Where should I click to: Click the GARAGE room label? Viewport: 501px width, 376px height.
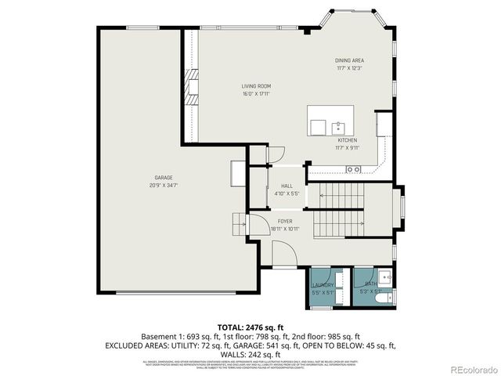pos(164,178)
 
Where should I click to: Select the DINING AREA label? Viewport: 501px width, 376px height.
pos(349,60)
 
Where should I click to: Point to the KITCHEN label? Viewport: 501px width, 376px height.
pos(348,141)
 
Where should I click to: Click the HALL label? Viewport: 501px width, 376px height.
pos(287,186)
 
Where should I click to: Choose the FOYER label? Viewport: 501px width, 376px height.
pos(285,222)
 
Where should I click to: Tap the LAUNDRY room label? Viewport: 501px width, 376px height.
pos(323,284)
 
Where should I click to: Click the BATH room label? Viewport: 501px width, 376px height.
pos(369,284)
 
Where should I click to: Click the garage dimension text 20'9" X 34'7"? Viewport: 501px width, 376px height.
pos(164,186)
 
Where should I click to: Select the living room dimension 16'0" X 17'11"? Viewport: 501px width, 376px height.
pos(256,93)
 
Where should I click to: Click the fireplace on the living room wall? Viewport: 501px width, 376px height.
pos(190,87)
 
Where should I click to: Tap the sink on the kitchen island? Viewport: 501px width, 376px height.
pos(339,126)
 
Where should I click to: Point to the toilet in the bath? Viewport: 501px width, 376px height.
pos(381,298)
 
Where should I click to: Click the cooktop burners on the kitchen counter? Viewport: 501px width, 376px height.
pos(354,168)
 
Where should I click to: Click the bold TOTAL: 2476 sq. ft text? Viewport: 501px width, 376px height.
pos(250,326)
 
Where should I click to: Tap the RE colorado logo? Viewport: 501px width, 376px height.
pos(472,369)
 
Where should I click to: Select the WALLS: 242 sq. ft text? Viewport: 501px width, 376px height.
pos(249,353)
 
